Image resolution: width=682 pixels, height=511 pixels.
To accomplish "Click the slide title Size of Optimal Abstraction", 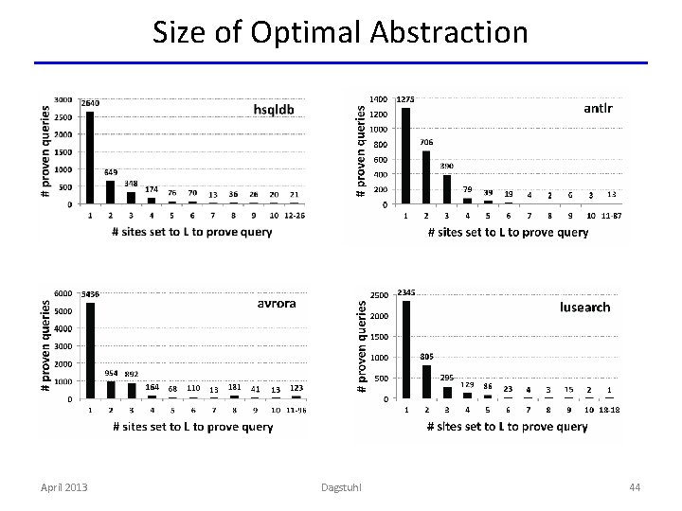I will [340, 32].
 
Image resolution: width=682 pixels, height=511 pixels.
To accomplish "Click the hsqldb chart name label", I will [274, 110].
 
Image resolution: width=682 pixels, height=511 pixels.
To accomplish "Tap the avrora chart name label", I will [277, 305].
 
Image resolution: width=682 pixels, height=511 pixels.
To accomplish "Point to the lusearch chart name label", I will [584, 308].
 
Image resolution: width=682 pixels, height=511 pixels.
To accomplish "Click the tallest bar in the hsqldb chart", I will [90, 157].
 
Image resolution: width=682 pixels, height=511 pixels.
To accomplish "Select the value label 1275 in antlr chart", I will [404, 98].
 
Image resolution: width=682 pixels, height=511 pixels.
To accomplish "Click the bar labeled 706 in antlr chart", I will [426, 177].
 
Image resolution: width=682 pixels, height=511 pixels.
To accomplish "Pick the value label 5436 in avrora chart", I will [91, 293].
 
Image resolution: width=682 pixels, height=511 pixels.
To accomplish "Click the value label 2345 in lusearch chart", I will [408, 291].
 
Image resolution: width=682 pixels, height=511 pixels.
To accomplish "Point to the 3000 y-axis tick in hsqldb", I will [63, 99].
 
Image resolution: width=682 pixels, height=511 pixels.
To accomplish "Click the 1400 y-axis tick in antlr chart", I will [377, 98].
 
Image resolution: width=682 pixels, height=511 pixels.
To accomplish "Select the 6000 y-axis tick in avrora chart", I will [63, 293].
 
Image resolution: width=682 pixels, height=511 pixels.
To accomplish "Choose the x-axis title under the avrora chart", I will [192, 427].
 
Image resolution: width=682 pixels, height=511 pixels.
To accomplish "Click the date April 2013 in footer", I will [63, 486].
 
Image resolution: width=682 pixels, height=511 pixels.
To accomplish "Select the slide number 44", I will [634, 486].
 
